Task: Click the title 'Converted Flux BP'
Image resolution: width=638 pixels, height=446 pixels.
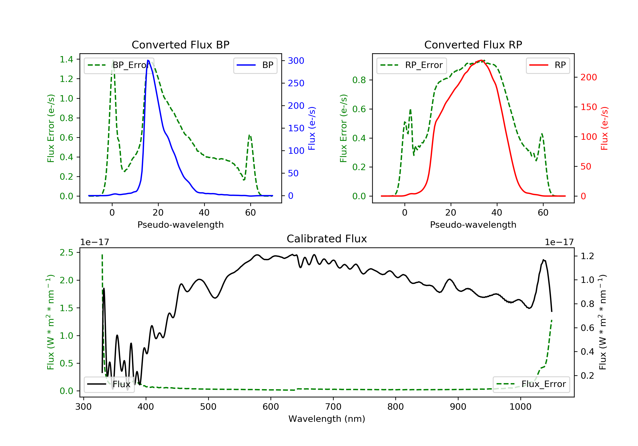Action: point(180,45)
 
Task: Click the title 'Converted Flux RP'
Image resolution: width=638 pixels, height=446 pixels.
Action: point(473,45)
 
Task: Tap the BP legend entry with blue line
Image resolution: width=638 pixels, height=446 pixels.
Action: point(255,65)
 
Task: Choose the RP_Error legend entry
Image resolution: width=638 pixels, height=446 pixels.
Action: point(411,65)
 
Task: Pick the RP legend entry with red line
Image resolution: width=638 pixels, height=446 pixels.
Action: point(547,65)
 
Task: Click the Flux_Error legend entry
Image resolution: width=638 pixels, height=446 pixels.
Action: point(531,384)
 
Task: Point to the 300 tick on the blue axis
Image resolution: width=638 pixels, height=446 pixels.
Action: point(296,61)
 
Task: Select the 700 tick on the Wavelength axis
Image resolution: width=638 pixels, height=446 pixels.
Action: point(333,407)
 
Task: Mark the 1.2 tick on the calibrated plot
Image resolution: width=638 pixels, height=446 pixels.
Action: point(587,256)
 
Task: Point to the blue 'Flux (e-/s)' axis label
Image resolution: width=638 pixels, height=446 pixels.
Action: point(312,128)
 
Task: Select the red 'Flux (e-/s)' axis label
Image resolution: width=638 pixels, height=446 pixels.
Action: point(604,128)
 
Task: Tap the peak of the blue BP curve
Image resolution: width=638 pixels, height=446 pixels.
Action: point(148,60)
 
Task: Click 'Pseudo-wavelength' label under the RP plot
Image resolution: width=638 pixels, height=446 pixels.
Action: point(473,224)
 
